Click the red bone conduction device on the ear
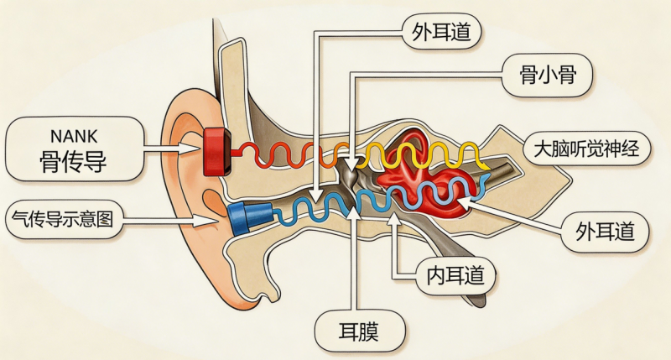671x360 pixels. (x=217, y=152)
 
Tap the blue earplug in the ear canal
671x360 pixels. (x=249, y=217)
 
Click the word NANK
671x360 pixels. (x=74, y=136)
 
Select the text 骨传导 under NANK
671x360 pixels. (x=73, y=161)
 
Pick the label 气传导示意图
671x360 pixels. (x=62, y=219)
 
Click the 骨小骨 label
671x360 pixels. (x=548, y=75)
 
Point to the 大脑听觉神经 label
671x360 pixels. (x=586, y=148)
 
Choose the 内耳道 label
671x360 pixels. (x=455, y=274)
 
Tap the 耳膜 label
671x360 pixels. (x=359, y=331)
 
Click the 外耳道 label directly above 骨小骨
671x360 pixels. (x=441, y=32)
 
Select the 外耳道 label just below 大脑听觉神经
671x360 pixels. (x=605, y=231)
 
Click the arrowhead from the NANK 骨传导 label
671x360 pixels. (x=190, y=149)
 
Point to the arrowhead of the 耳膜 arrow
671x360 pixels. (x=353, y=213)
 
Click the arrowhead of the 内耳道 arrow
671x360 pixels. (x=394, y=217)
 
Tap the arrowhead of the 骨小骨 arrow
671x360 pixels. (x=351, y=164)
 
